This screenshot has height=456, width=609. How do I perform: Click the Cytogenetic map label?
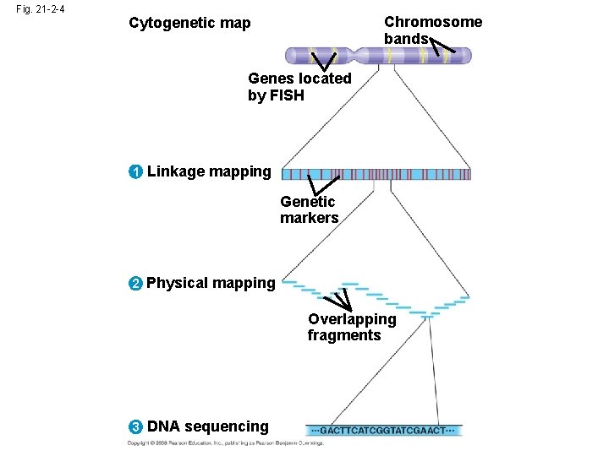(189, 23)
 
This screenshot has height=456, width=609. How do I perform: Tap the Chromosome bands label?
(432, 30)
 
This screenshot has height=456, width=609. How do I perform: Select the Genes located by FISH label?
(299, 87)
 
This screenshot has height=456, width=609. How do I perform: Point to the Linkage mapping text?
(209, 172)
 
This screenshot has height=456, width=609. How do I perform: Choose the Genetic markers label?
(310, 209)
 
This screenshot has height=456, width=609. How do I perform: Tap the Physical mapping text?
(211, 283)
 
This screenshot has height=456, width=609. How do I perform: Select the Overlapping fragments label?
(351, 327)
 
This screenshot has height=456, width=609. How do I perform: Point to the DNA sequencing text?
(208, 427)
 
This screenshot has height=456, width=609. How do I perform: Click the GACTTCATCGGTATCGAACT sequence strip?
(384, 430)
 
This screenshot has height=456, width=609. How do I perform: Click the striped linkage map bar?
(376, 174)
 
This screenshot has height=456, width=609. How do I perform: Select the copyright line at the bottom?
(225, 443)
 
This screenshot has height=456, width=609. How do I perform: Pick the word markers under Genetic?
(310, 218)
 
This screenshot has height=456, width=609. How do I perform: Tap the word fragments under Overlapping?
(344, 335)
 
